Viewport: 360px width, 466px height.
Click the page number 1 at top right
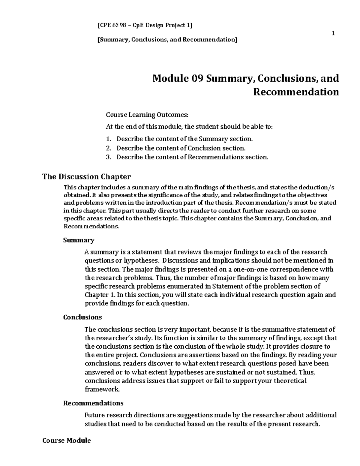click(x=333, y=33)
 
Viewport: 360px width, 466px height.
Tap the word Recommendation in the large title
click(x=296, y=92)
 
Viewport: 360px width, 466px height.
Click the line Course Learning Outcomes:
click(x=147, y=115)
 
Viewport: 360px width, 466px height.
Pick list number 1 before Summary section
click(x=108, y=139)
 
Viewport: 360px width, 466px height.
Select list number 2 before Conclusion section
click(x=108, y=148)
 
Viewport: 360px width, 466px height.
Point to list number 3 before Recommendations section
click(x=108, y=157)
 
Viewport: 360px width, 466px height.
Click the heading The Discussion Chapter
click(x=87, y=176)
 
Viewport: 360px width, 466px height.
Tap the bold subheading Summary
click(x=79, y=240)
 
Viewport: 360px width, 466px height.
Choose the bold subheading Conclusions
click(x=82, y=317)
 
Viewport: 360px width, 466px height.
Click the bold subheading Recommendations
click(x=93, y=403)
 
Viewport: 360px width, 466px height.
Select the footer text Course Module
click(x=67, y=440)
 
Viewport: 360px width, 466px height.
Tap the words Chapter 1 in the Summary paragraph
click(x=99, y=295)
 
